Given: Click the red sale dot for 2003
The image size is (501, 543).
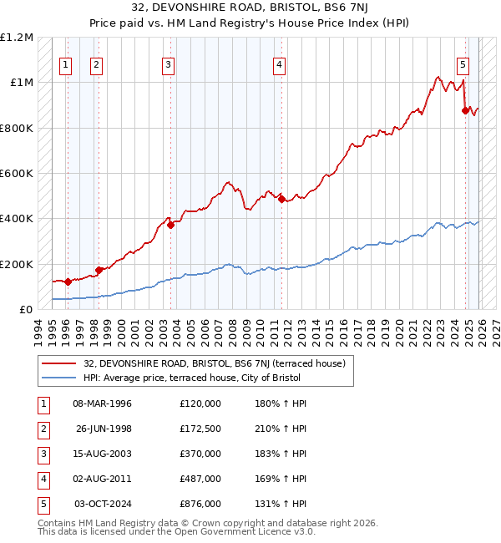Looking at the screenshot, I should [170, 224].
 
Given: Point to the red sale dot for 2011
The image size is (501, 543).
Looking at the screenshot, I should [281, 199].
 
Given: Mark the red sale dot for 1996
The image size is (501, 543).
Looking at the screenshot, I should [68, 282].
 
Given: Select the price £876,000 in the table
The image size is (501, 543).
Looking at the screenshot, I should [200, 504].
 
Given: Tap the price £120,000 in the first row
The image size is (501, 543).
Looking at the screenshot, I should [200, 403].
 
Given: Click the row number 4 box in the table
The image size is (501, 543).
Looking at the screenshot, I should [43, 479].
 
